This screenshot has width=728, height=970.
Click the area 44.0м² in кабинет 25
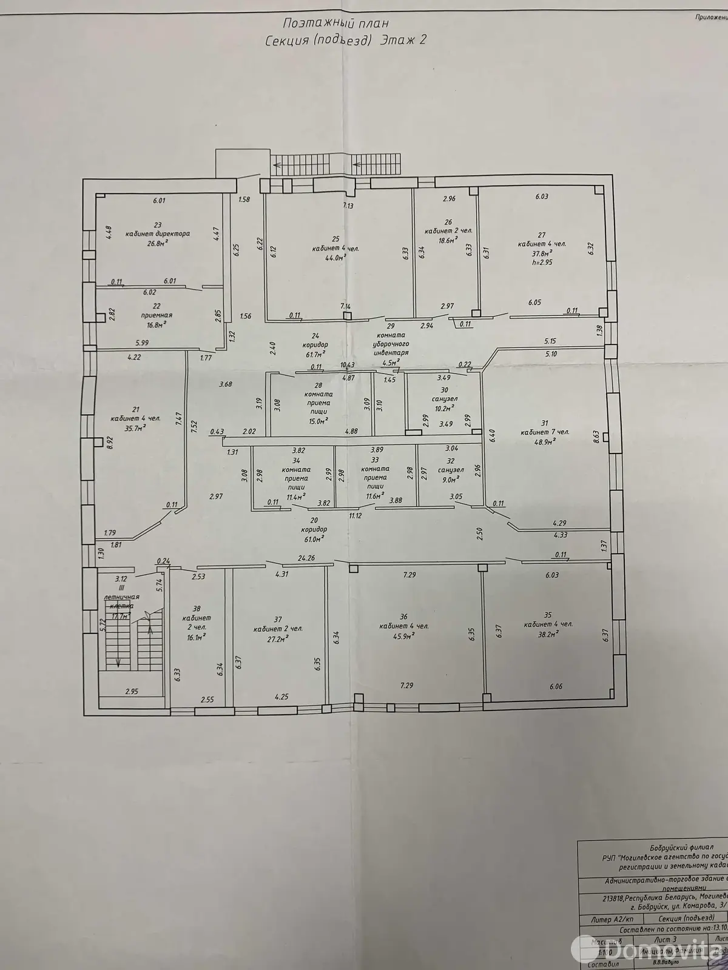coord(335,257)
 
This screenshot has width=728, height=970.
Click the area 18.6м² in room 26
coord(449,241)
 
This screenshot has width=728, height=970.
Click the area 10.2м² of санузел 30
coord(445,408)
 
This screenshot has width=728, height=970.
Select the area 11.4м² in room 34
coord(295,497)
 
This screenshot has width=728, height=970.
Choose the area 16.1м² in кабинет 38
coord(195,637)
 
